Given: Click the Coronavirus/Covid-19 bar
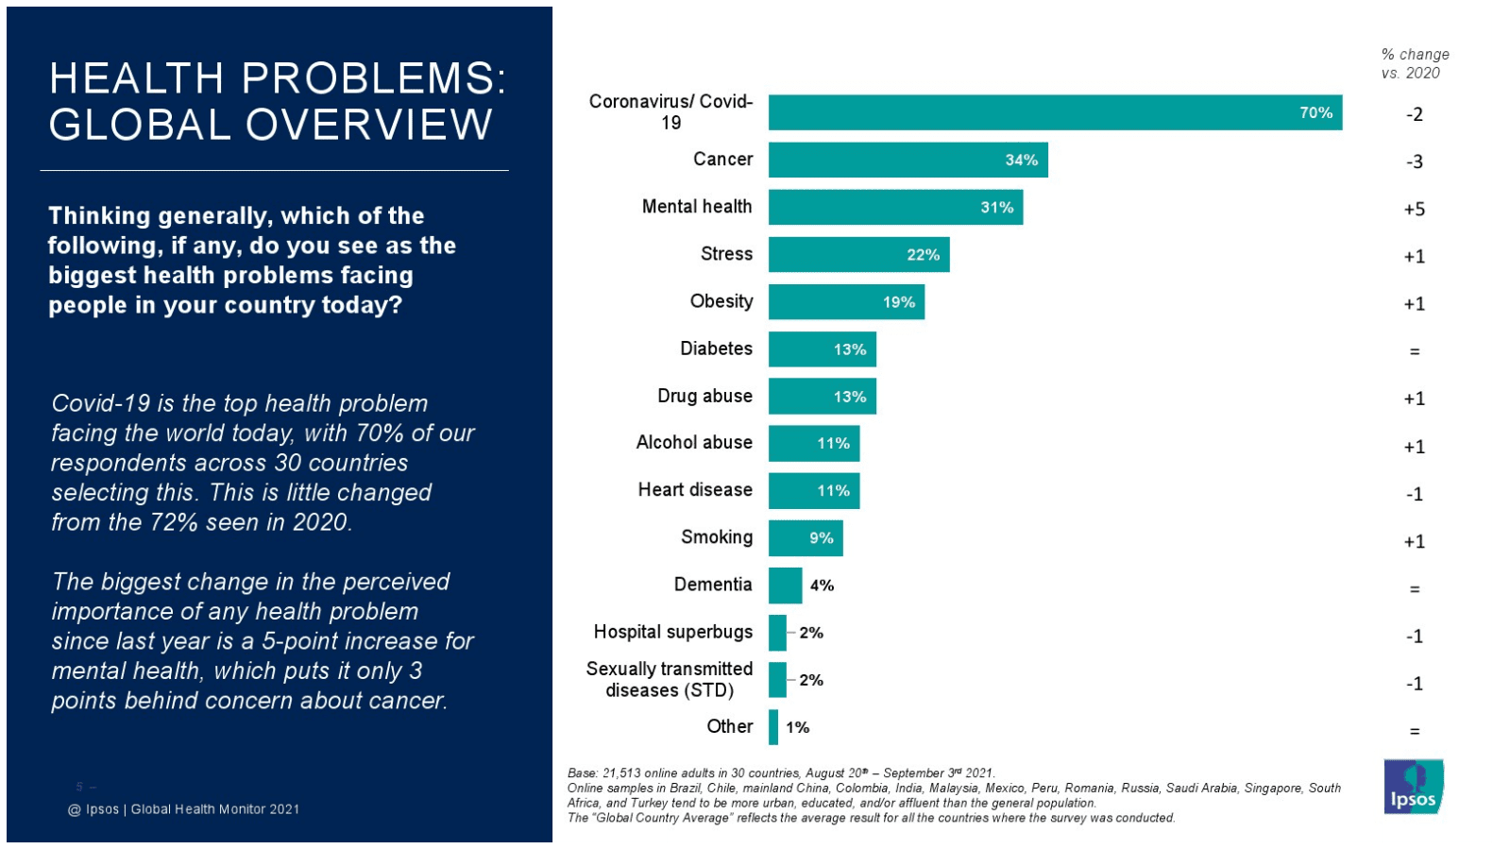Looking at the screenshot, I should pyautogui.click(x=1054, y=112).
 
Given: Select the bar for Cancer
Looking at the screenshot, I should pyautogui.click(x=907, y=160).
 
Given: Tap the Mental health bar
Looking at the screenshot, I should pyautogui.click(x=894, y=207).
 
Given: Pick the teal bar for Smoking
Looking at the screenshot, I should pyautogui.click(x=805, y=538).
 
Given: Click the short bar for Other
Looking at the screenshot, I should pyautogui.click(x=773, y=727).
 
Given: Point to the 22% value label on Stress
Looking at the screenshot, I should pyautogui.click(x=923, y=255).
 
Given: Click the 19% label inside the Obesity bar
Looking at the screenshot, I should pyautogui.click(x=898, y=302).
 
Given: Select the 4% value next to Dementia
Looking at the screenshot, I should pyautogui.click(x=822, y=586).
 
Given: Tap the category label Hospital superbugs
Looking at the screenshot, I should pyautogui.click(x=672, y=632).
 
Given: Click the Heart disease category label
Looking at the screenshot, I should pyautogui.click(x=694, y=490).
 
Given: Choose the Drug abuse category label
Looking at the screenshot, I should pyautogui.click(x=704, y=396).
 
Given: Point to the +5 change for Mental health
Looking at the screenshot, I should pyautogui.click(x=1414, y=209).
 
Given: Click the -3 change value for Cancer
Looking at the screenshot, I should pyautogui.click(x=1414, y=161).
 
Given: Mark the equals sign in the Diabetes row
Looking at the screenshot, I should pyautogui.click(x=1414, y=351).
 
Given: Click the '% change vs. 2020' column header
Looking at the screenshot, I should pyautogui.click(x=1414, y=64).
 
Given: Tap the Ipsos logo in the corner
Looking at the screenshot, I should pyautogui.click(x=1413, y=787).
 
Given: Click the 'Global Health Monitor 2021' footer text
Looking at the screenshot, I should pyautogui.click(x=214, y=809).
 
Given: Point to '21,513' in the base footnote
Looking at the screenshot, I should pyautogui.click(x=620, y=773).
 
